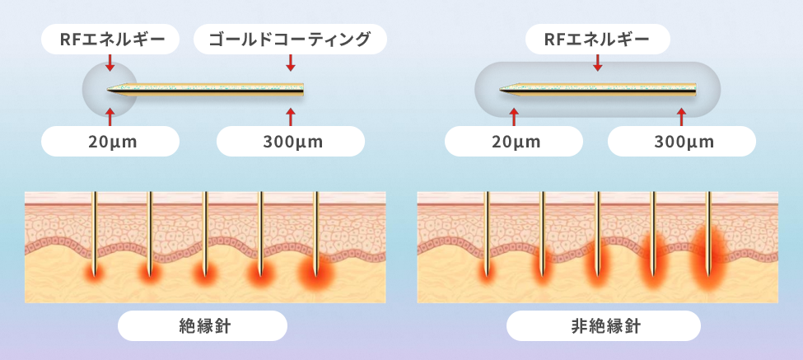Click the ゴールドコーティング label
click(290, 39)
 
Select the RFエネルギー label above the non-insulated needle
click(598, 39)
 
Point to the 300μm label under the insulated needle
click(290, 141)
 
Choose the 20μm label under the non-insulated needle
click(516, 141)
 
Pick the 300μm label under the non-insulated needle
click(681, 141)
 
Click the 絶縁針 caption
click(203, 325)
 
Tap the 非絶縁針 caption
click(604, 325)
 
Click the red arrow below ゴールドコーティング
click(290, 63)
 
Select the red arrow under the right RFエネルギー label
click(598, 63)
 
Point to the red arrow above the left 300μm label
click(290, 114)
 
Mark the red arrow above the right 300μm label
click(681, 114)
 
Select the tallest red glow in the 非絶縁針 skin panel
click(708, 259)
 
